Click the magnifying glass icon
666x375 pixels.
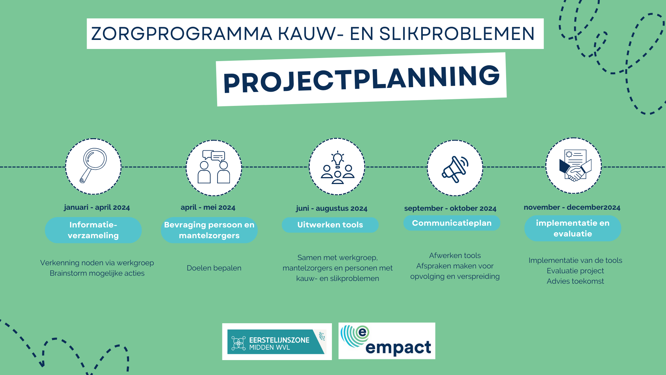tap(93, 166)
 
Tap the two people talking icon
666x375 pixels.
tap(214, 167)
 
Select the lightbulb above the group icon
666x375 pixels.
tap(338, 159)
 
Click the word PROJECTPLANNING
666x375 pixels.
tap(361, 80)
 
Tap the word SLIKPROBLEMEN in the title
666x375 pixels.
tap(457, 34)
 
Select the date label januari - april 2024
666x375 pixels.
tap(97, 207)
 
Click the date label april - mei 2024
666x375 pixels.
tap(208, 207)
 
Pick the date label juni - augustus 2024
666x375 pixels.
tap(331, 208)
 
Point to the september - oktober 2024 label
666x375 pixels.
tap(450, 208)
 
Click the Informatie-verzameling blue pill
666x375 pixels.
tap(93, 230)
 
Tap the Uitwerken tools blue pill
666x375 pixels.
tap(330, 225)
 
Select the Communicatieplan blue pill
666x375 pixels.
tap(451, 223)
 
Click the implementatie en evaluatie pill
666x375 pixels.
tap(572, 228)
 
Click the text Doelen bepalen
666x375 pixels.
tap(214, 268)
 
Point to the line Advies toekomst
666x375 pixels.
tap(575, 281)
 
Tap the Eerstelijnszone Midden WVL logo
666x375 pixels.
tap(276, 342)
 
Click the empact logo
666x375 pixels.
tap(386, 341)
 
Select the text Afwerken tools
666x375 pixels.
tap(455, 256)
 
